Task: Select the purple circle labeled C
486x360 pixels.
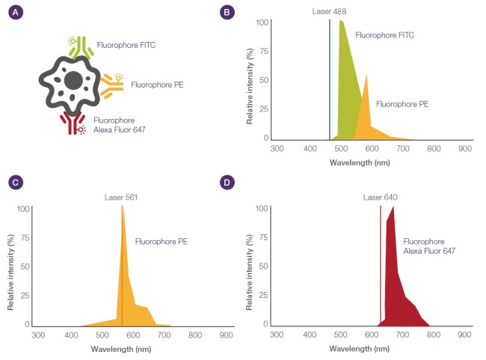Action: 13,183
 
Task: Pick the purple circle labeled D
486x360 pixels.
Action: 227,183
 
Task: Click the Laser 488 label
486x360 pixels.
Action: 330,12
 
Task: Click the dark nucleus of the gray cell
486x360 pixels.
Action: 73,80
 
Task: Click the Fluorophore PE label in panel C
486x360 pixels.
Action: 161,242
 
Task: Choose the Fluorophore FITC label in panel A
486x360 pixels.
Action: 126,44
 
